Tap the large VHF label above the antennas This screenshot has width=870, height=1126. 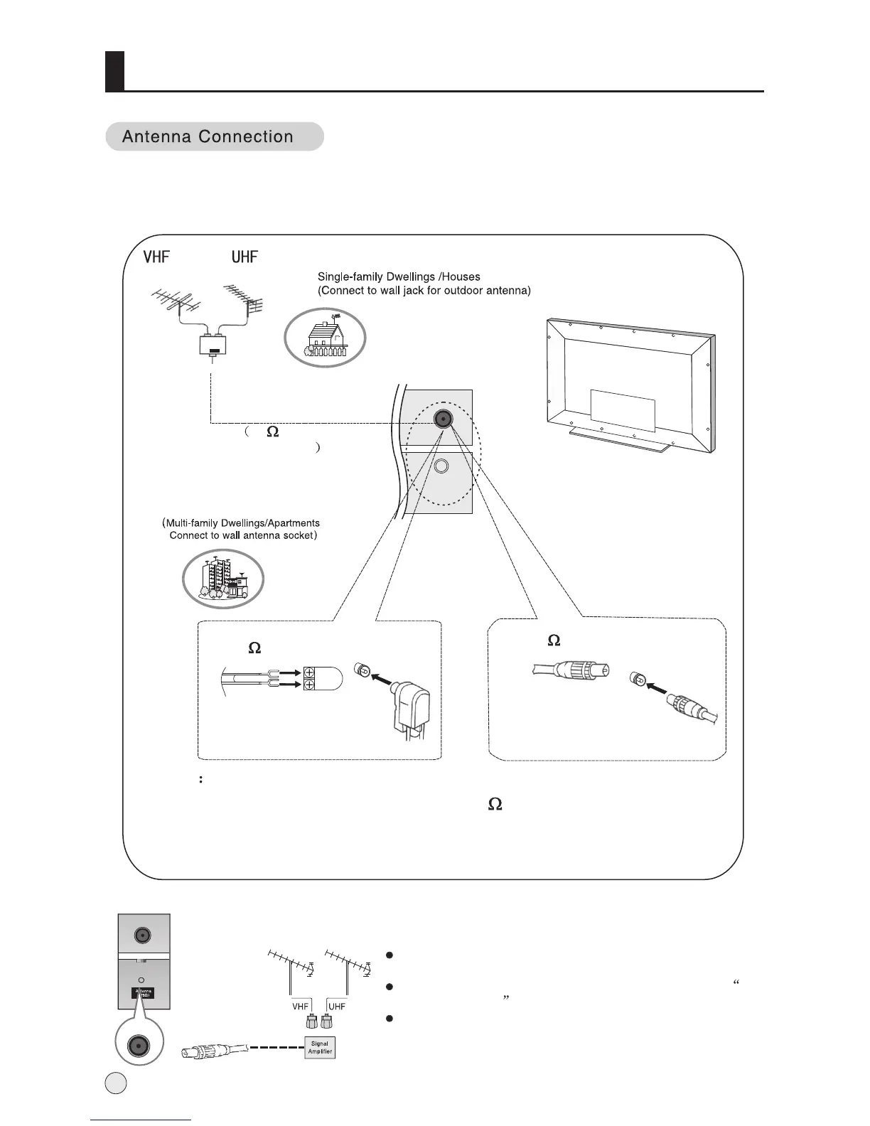156,257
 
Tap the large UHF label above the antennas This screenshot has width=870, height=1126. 245,257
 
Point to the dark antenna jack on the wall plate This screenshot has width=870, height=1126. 443,419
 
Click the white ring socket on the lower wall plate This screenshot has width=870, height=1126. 441,466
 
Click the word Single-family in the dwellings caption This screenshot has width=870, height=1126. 348,277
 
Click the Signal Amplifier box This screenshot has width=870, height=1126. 319,1048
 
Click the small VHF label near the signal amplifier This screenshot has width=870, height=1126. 301,1006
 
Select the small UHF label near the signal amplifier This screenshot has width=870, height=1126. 337,1006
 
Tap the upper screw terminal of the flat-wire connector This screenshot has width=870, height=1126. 310,672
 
